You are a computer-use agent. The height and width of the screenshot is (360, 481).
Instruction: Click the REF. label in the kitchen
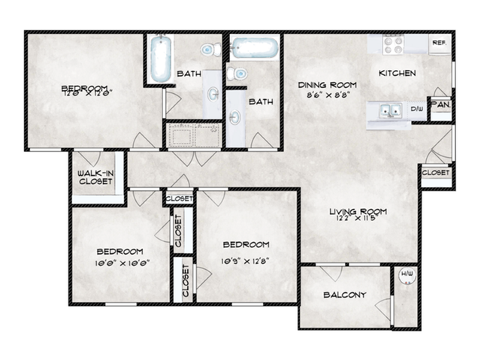click(x=439, y=44)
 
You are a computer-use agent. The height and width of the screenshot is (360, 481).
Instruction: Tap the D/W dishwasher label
click(x=417, y=110)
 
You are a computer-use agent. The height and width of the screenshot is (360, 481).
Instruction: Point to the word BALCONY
click(x=344, y=295)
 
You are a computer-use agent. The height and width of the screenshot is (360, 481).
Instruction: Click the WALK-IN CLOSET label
click(x=95, y=177)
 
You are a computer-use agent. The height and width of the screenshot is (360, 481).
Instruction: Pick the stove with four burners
click(x=394, y=44)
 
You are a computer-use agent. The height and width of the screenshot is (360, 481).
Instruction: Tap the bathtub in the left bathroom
click(x=159, y=59)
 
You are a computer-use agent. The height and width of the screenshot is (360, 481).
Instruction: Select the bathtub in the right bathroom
click(x=256, y=49)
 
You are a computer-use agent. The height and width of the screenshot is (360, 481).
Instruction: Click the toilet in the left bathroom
click(x=210, y=50)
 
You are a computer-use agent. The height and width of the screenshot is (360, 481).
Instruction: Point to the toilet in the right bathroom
click(x=238, y=74)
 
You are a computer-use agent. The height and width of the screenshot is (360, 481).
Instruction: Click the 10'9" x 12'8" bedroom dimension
click(x=246, y=261)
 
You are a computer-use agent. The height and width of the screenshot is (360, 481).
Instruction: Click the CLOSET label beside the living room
click(x=435, y=173)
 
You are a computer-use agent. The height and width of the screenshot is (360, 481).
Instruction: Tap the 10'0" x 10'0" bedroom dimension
click(x=119, y=263)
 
